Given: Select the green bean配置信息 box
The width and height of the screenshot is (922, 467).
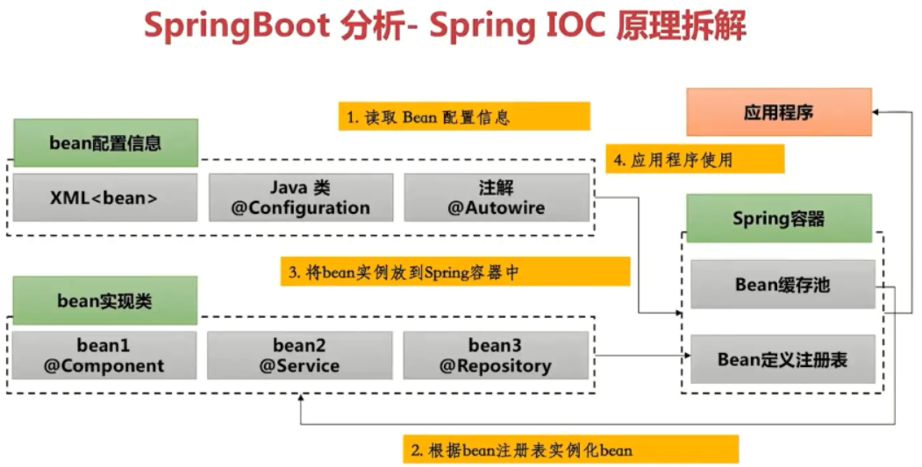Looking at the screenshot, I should click(105, 143).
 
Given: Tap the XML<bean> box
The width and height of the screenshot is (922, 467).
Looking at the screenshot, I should click(104, 197).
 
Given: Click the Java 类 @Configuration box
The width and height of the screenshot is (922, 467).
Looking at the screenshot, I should click(300, 197).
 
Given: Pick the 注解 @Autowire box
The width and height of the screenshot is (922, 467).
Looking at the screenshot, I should click(497, 197).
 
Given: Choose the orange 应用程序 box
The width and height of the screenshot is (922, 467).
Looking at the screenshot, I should click(778, 112).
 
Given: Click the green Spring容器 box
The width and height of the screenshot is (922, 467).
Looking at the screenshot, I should click(778, 218).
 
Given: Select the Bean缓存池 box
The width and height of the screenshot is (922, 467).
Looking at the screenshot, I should click(783, 285).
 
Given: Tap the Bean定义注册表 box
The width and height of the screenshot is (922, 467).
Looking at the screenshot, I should click(783, 359).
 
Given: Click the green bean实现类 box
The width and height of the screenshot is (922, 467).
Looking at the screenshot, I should click(104, 301).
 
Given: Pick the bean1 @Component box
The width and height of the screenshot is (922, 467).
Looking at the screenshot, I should click(104, 355).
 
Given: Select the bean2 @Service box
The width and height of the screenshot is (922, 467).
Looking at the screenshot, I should click(299, 355).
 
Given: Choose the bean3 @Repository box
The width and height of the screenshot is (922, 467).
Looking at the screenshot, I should click(496, 355).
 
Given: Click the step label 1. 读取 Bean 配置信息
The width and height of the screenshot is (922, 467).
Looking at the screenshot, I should click(464, 117).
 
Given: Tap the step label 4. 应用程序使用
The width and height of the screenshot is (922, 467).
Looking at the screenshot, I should click(695, 159).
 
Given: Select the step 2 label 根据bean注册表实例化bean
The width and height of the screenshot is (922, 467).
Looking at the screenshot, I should click(570, 449).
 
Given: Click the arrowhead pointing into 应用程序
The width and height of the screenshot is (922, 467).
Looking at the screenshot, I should click(877, 112).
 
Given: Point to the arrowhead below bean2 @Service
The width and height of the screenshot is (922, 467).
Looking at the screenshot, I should click(301, 399).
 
